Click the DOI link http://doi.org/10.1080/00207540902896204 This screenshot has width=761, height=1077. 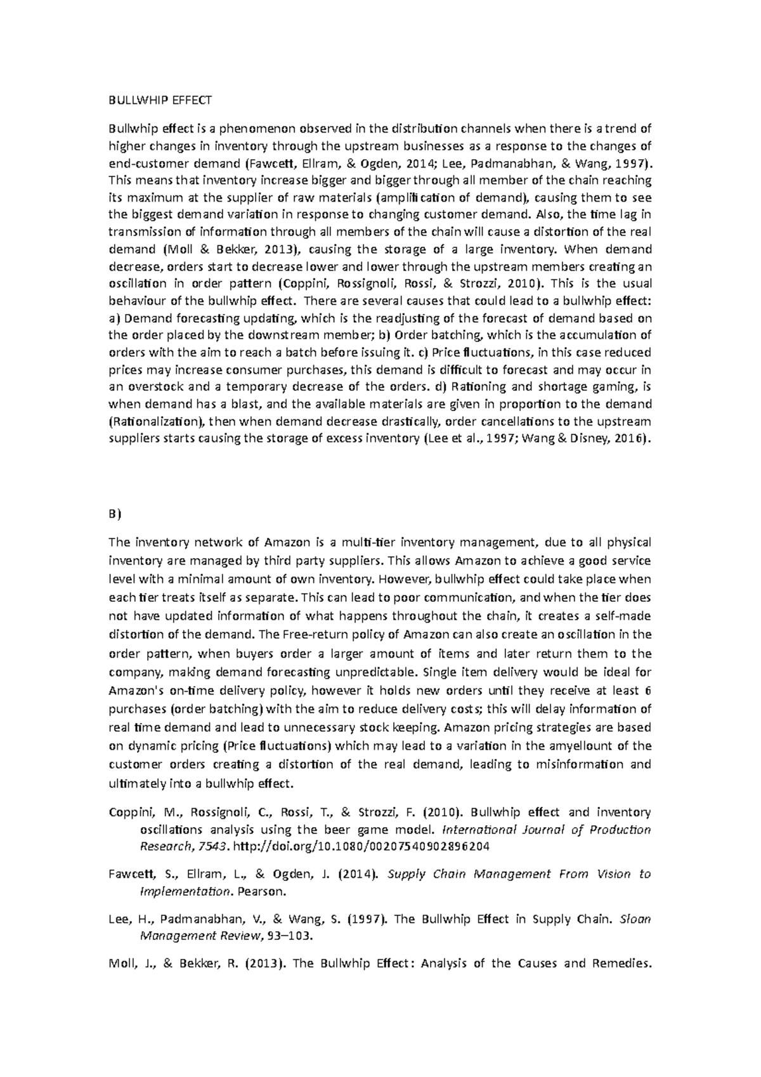[361, 847]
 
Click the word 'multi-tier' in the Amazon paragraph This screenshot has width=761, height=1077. [368, 542]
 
